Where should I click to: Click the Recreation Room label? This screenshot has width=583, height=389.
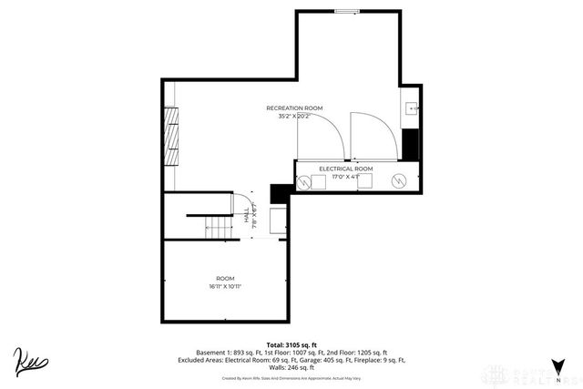tap(295, 107)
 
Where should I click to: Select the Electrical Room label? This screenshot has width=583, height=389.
tap(345, 169)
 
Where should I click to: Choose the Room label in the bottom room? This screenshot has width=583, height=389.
tap(224, 278)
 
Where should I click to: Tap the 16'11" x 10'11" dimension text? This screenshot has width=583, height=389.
tap(224, 287)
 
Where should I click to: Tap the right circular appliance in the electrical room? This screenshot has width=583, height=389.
tap(398, 180)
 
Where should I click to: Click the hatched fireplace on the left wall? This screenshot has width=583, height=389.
tap(170, 135)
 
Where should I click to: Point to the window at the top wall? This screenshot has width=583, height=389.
tap(347, 11)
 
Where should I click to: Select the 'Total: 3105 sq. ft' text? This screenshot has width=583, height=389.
tap(292, 344)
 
